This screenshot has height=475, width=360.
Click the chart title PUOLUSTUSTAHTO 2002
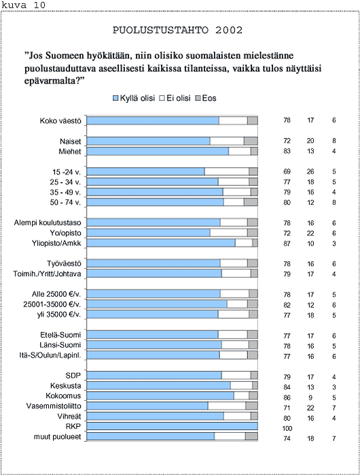coord(177,30)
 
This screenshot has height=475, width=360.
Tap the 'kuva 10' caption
coord(23,5)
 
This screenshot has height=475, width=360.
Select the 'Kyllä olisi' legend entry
coord(134,98)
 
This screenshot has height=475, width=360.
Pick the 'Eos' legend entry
coord(206,98)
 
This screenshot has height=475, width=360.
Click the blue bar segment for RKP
coord(172,426)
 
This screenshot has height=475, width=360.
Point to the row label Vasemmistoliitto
coord(54,406)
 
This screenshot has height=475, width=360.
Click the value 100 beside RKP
coord(287,428)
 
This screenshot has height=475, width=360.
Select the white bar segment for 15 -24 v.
coord(227,171)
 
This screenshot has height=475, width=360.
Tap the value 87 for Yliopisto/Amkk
coord(287,243)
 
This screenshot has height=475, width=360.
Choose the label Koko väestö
coord(60,121)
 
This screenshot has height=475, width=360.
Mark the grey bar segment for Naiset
coord(251,141)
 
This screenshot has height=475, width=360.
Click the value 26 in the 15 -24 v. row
coord(310,171)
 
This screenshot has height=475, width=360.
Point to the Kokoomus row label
coord(63,395)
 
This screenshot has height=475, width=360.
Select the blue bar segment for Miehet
coord(158,151)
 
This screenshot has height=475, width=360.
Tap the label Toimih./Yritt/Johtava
coord(47,274)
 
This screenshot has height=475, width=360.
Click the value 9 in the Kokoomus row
coord(310,398)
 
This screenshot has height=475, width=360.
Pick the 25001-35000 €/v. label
coord(52,304)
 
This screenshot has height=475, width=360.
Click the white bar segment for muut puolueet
coord(230,436)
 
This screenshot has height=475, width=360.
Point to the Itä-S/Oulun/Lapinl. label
coord(50,355)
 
